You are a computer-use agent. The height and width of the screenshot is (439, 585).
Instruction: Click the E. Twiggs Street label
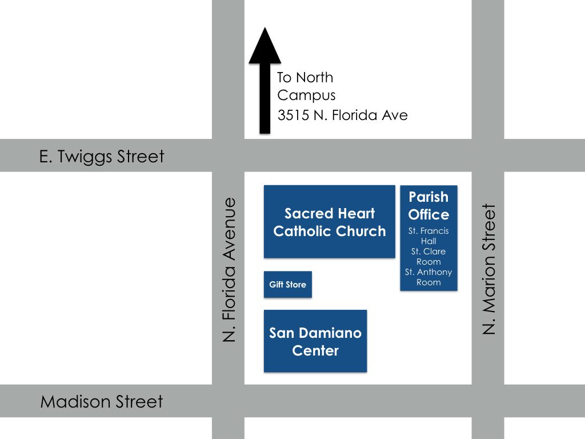102,156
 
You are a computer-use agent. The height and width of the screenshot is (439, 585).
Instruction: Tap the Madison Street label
102,402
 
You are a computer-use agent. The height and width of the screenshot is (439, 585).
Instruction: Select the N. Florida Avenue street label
230,270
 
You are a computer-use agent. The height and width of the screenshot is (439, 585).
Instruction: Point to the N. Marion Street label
490,269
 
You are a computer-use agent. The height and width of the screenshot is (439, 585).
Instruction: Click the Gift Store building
288,285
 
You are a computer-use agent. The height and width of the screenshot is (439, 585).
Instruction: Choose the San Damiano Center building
315,341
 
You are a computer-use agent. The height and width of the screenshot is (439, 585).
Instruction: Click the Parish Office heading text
428,206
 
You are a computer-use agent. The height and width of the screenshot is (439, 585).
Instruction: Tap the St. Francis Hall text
428,236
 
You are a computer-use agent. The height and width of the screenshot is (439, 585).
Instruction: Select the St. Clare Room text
428,257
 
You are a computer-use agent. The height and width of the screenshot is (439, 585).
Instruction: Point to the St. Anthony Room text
428,277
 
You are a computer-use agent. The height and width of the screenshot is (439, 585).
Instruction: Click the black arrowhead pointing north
265,47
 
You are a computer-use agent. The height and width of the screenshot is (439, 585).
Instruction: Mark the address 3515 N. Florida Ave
343,115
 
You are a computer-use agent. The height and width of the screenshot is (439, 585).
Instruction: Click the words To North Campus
306,86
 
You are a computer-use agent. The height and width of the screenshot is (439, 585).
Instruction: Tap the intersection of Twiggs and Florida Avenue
228,155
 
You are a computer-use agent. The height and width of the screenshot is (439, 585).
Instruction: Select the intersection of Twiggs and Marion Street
488,155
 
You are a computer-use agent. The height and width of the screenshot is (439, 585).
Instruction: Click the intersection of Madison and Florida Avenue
228,401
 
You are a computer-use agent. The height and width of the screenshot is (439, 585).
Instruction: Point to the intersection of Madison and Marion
488,401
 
